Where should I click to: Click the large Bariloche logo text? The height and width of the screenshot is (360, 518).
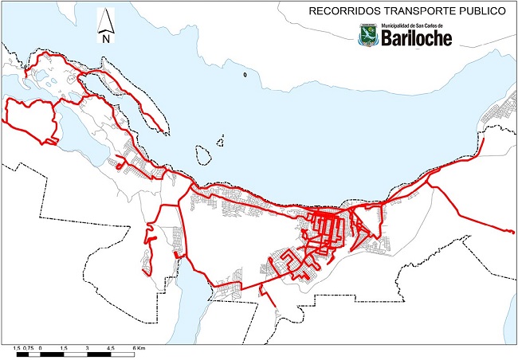point(417,38)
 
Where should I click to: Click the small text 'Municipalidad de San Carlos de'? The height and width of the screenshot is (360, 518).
point(417,27)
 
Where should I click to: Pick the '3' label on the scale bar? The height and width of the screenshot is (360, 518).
point(86,349)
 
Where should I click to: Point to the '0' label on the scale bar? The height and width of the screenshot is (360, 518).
point(40,349)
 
